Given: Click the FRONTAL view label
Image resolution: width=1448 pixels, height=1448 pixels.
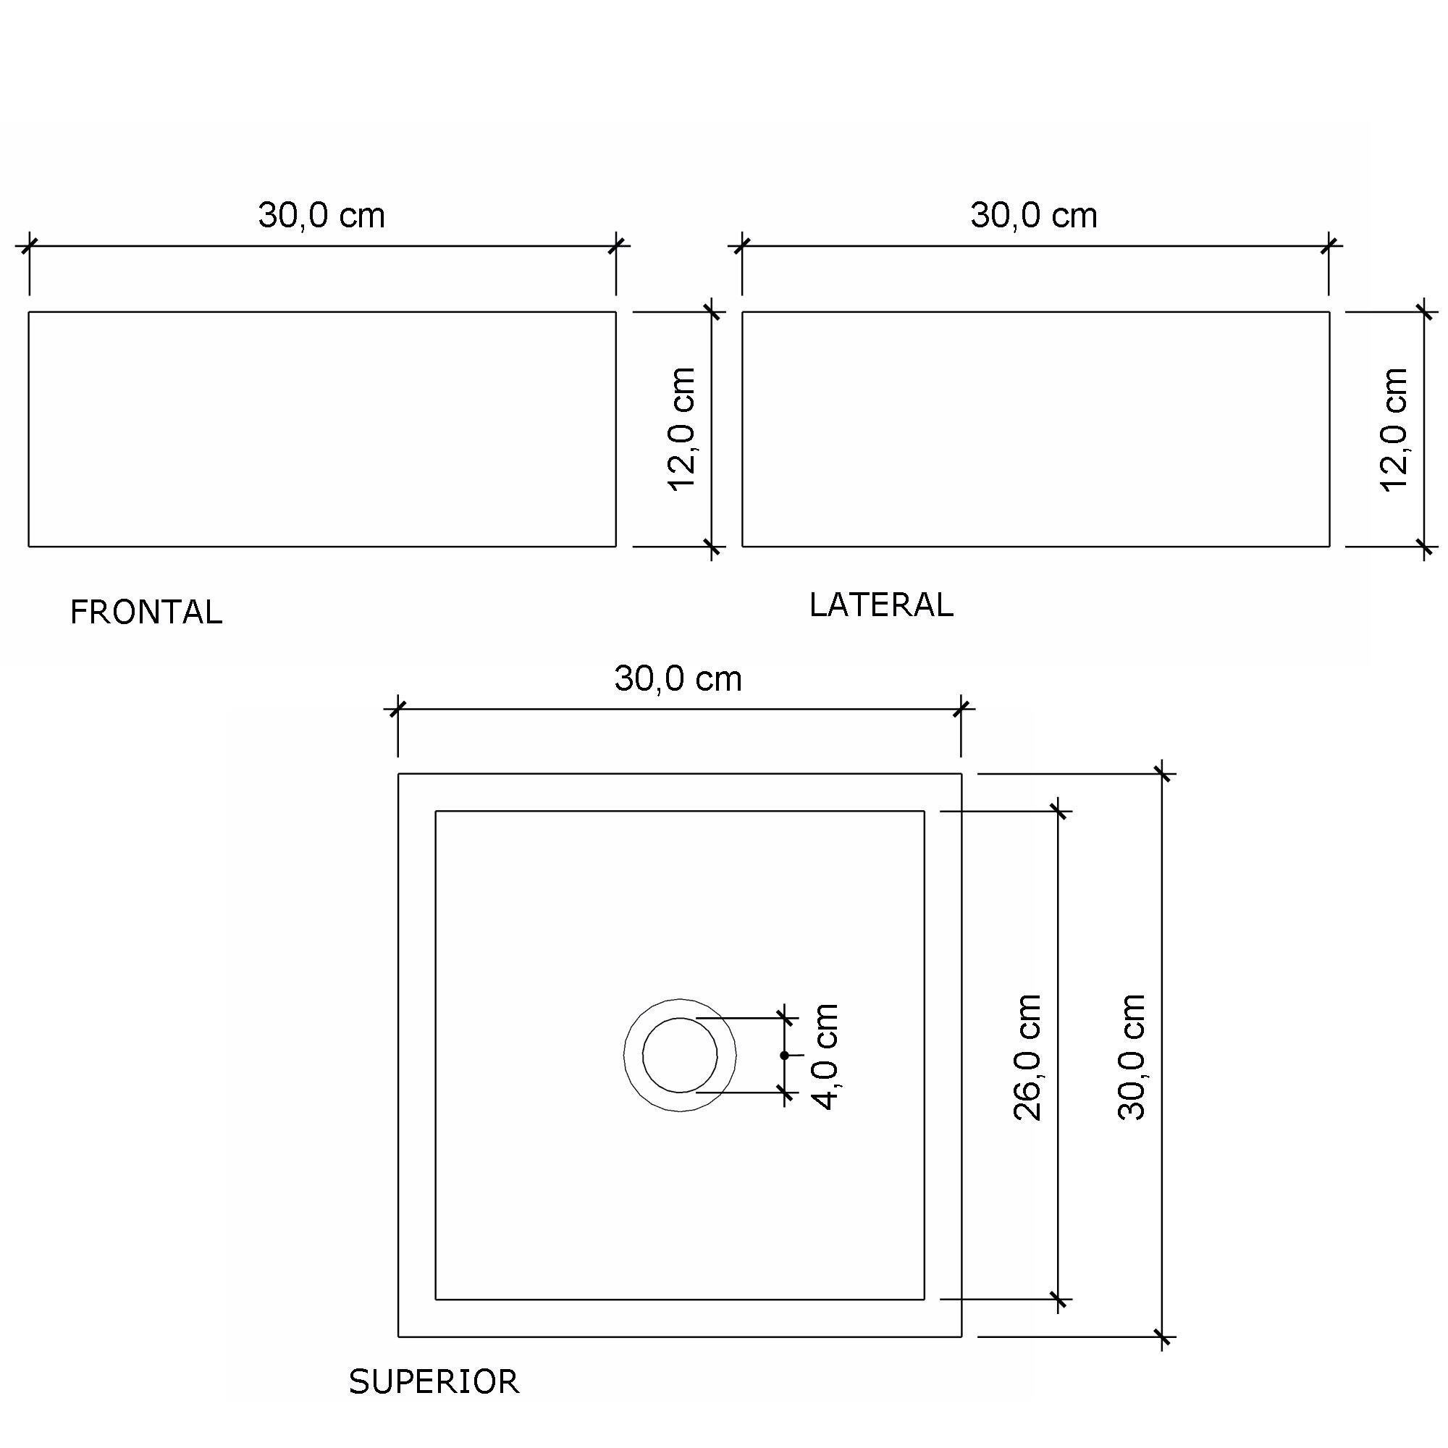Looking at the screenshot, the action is coord(146,613).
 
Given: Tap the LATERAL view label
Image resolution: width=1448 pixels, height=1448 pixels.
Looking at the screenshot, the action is coord(881,605).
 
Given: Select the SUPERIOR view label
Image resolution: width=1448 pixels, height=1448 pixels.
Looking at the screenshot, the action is coord(434,1382).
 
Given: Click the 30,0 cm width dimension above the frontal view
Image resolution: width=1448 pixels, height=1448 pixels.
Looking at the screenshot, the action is coord(321,215).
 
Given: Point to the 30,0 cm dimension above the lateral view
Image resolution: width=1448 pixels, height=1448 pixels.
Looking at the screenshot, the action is coord(1035,215).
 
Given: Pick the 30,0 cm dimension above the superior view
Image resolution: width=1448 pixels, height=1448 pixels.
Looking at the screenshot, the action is coord(678,679).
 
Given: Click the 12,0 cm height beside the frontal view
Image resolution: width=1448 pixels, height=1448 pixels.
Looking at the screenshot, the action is coord(682,429).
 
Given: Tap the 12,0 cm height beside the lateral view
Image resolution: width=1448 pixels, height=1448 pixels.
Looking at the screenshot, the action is coord(1394,429).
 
